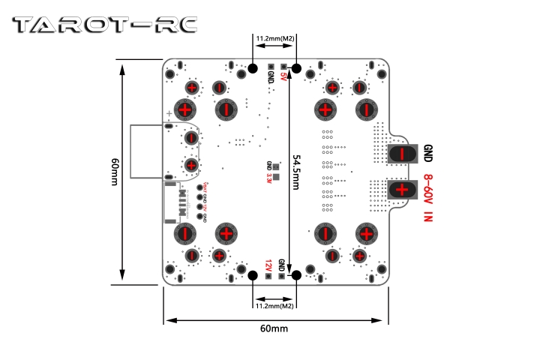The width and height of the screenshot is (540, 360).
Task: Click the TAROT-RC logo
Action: coord(105,25)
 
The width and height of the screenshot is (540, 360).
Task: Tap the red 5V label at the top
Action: coord(283,77)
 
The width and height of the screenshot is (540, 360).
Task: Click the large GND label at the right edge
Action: coord(428,153)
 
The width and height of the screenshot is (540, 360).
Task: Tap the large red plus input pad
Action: coord(402,188)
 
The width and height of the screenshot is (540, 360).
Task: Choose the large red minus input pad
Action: coord(402,153)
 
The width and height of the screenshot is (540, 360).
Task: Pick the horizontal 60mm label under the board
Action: coord(274,328)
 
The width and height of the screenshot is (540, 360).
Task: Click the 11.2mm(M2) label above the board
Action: coord(274,37)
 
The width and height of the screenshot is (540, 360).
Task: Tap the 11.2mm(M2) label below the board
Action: coord(274,306)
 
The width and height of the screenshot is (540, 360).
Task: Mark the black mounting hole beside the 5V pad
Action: coord(296,69)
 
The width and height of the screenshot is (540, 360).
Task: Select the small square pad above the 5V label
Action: coord(283,67)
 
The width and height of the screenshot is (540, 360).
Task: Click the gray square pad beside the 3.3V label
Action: coord(276,178)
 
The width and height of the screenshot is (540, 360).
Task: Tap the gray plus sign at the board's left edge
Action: coord(169,115)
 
